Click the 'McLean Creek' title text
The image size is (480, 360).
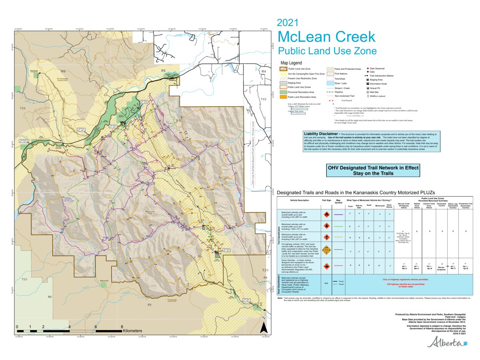point(326,37)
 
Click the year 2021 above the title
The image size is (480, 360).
point(287,23)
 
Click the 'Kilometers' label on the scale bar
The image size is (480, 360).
point(132,331)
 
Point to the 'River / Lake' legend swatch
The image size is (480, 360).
point(330,83)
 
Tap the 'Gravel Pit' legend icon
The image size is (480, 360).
point(368,88)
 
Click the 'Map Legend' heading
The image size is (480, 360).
point(291,63)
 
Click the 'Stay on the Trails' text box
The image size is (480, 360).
point(373,170)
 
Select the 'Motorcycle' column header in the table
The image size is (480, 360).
point(380,206)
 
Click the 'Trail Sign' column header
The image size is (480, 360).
point(326,200)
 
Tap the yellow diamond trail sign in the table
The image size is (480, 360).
point(326,250)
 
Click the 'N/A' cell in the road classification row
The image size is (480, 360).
point(326,283)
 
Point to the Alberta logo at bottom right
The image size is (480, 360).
point(446,342)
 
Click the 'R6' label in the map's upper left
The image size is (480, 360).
point(63,72)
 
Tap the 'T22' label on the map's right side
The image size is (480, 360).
point(264,99)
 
